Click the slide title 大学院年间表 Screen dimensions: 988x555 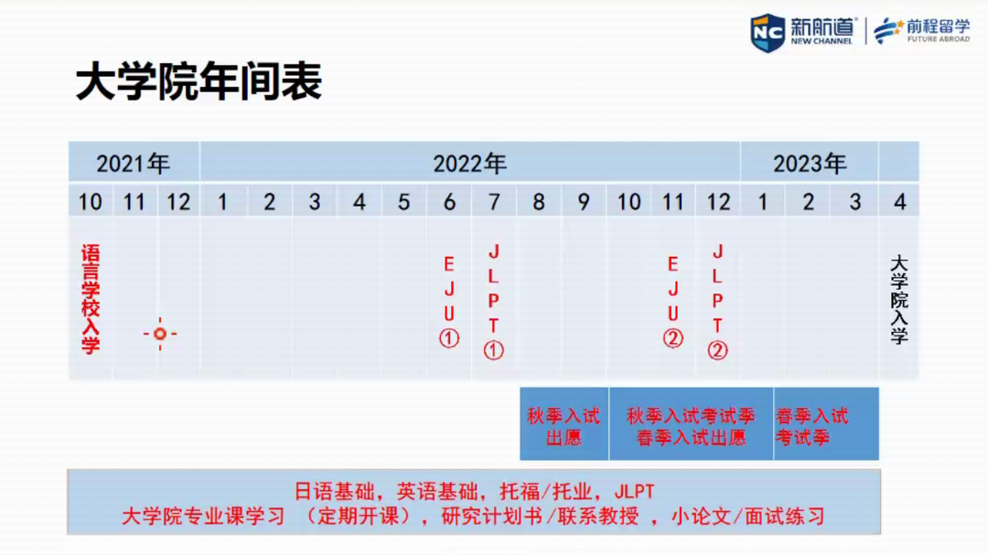click(x=199, y=82)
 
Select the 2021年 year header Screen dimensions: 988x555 click(x=134, y=164)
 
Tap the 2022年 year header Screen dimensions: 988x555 click(x=469, y=164)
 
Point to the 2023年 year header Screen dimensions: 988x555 click(x=810, y=164)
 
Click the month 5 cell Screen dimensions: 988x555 click(x=404, y=201)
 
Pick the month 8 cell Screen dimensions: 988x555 click(x=539, y=201)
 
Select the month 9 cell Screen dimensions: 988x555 click(x=584, y=201)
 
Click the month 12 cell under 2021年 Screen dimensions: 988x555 click(x=178, y=201)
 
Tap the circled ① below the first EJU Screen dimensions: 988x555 click(x=449, y=339)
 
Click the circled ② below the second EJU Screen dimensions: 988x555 click(x=673, y=339)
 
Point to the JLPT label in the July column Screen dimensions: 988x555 click(x=493, y=289)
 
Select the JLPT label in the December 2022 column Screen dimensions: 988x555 click(x=718, y=289)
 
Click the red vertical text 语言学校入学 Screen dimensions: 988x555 click(x=91, y=299)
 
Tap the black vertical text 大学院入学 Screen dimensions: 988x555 click(x=899, y=299)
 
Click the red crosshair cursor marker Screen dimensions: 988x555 click(x=160, y=334)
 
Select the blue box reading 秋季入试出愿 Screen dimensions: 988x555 click(x=564, y=424)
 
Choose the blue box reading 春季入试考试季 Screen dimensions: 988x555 click(x=826, y=424)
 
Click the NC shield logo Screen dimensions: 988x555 click(x=768, y=33)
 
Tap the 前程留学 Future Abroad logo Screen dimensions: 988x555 click(x=922, y=31)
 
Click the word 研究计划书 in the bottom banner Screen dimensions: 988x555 click(x=492, y=517)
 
